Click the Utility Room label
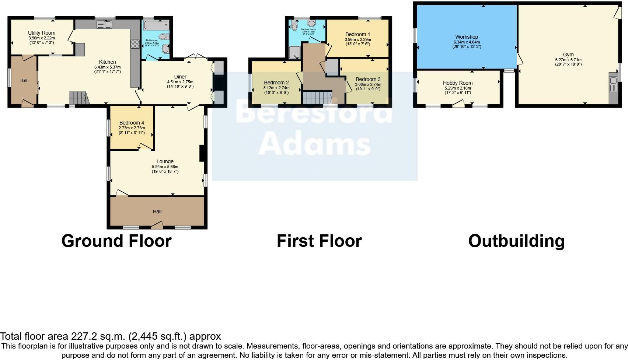click(x=42, y=33)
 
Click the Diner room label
click(x=180, y=77)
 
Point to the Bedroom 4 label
click(x=132, y=123)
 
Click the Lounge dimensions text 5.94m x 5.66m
click(x=165, y=167)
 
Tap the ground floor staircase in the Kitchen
click(x=78, y=98)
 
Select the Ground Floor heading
click(x=116, y=241)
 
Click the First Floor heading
click(x=319, y=241)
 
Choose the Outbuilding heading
click(x=516, y=241)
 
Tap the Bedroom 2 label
click(x=276, y=83)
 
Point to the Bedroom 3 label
click(x=368, y=79)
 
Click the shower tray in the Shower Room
click(x=295, y=52)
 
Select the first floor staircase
click(x=316, y=98)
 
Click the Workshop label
click(x=467, y=37)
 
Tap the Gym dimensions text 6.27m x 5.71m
click(x=568, y=60)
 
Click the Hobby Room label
click(x=458, y=83)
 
